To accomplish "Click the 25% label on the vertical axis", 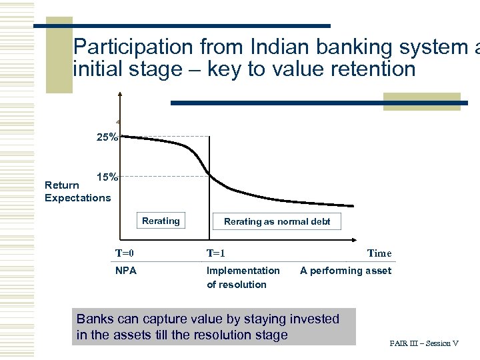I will click(x=107, y=137).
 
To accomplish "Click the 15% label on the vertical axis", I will click(x=107, y=177).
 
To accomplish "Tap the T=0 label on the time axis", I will click(x=125, y=253).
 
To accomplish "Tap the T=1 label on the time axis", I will click(x=216, y=253).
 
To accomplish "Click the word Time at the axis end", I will click(x=379, y=253).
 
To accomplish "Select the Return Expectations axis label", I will click(x=77, y=191).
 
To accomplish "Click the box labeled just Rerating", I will click(x=161, y=221).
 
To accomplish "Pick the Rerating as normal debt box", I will click(x=277, y=221).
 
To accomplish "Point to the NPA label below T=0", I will click(x=126, y=271).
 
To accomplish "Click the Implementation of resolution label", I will click(x=243, y=277).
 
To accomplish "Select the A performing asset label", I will click(x=345, y=271).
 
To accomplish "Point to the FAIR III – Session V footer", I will click(x=424, y=343).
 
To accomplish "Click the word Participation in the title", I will click(x=134, y=47).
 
